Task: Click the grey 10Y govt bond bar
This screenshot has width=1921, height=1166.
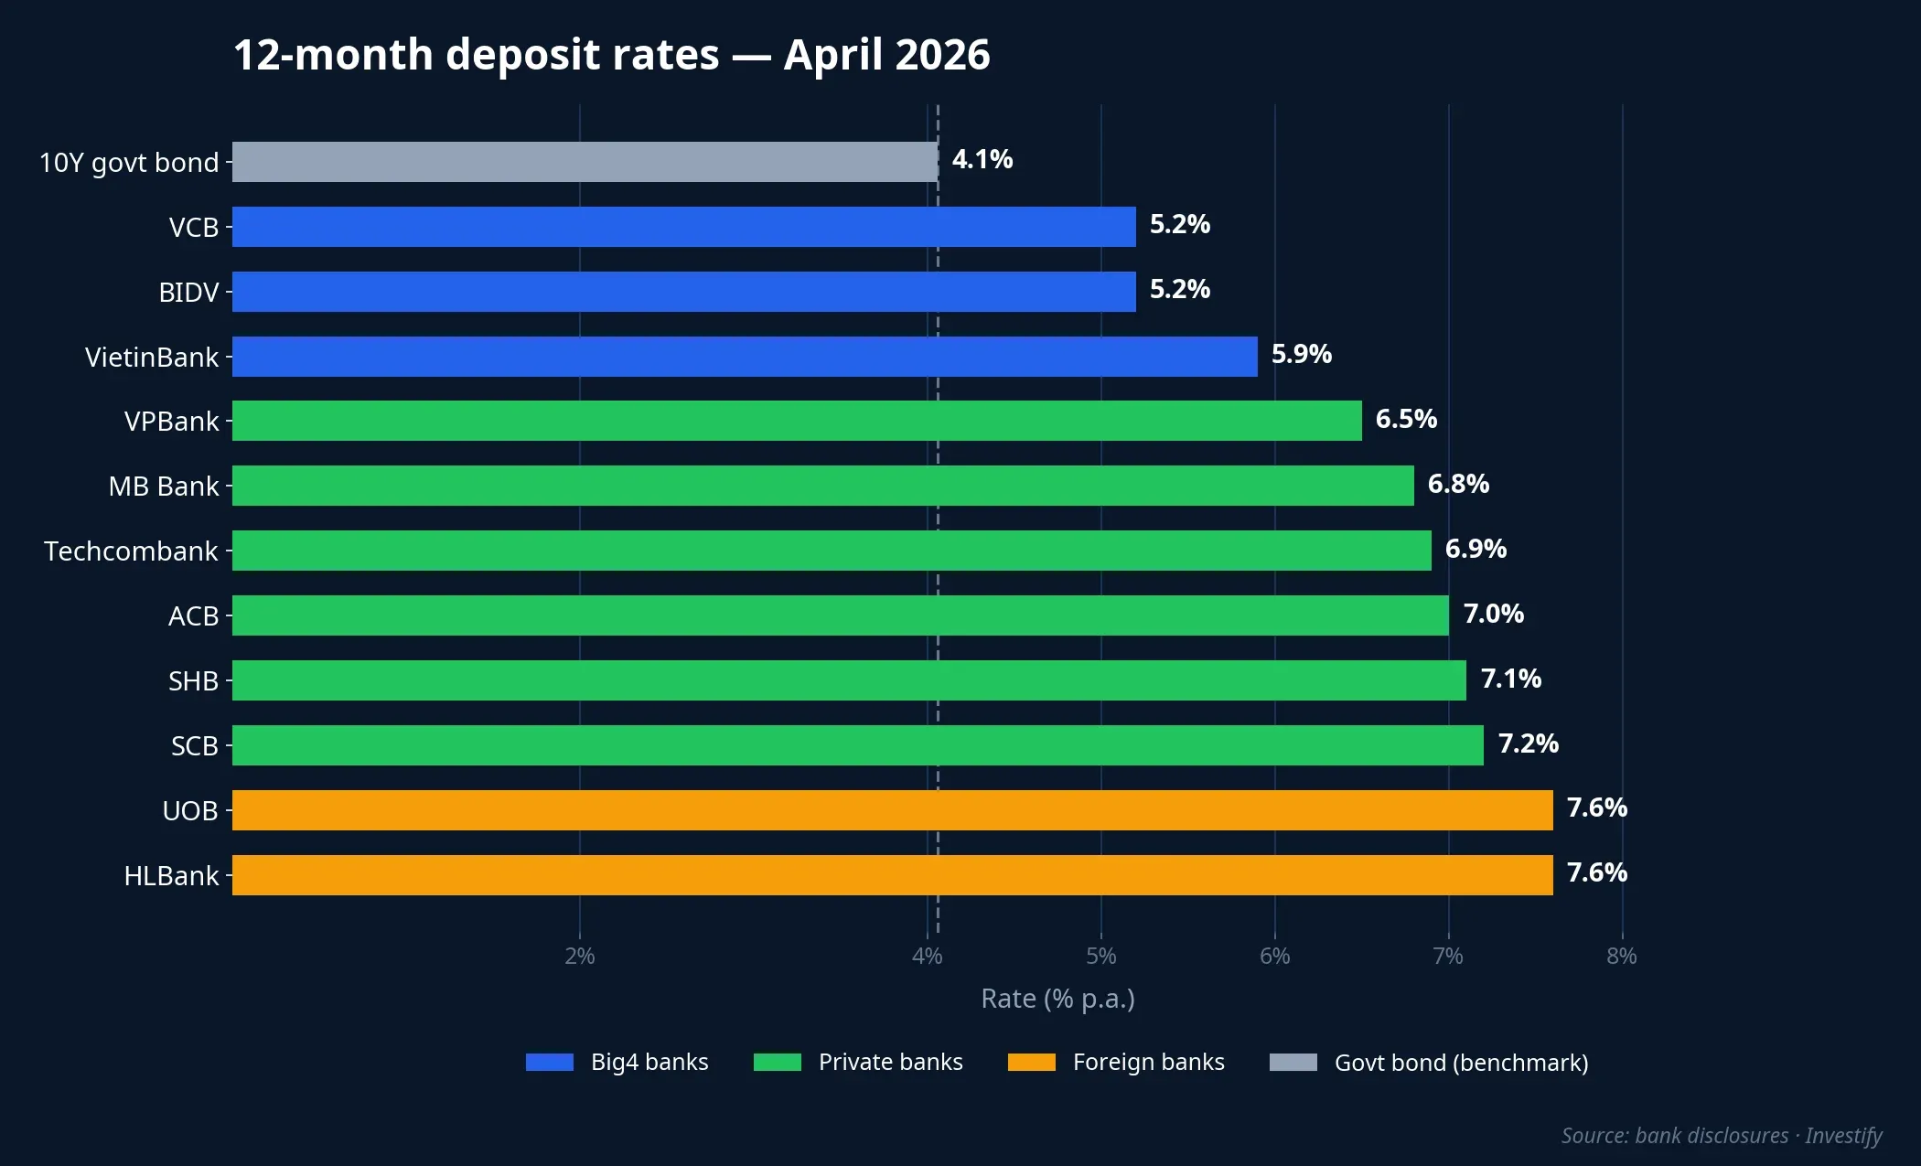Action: pos(585,162)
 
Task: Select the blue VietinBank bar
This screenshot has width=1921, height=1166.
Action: pos(745,357)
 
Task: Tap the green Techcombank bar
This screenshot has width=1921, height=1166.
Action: pos(832,551)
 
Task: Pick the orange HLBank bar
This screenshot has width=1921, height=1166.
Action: pos(892,875)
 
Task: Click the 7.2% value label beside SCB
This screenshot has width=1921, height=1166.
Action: pos(1528,743)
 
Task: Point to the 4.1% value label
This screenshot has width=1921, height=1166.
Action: pos(982,160)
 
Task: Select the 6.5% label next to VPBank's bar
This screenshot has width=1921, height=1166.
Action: pos(1406,420)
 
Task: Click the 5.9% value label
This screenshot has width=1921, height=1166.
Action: pos(1301,355)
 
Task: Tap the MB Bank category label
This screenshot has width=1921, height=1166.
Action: pos(164,487)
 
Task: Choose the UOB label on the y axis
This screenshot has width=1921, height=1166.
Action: pos(190,811)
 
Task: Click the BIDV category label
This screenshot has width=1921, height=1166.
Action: pos(188,293)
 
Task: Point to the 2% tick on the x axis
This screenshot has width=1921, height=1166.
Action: pos(580,957)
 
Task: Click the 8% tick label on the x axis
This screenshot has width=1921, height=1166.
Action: pos(1621,957)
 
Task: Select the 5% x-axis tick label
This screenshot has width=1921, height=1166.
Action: pos(1100,957)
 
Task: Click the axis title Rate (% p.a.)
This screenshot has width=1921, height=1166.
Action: pos(1057,999)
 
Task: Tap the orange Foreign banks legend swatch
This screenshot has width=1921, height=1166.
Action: pos(1031,1063)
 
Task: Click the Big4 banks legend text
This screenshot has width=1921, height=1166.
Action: pos(649,1063)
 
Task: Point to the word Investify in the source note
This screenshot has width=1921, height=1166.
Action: pos(1843,1136)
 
